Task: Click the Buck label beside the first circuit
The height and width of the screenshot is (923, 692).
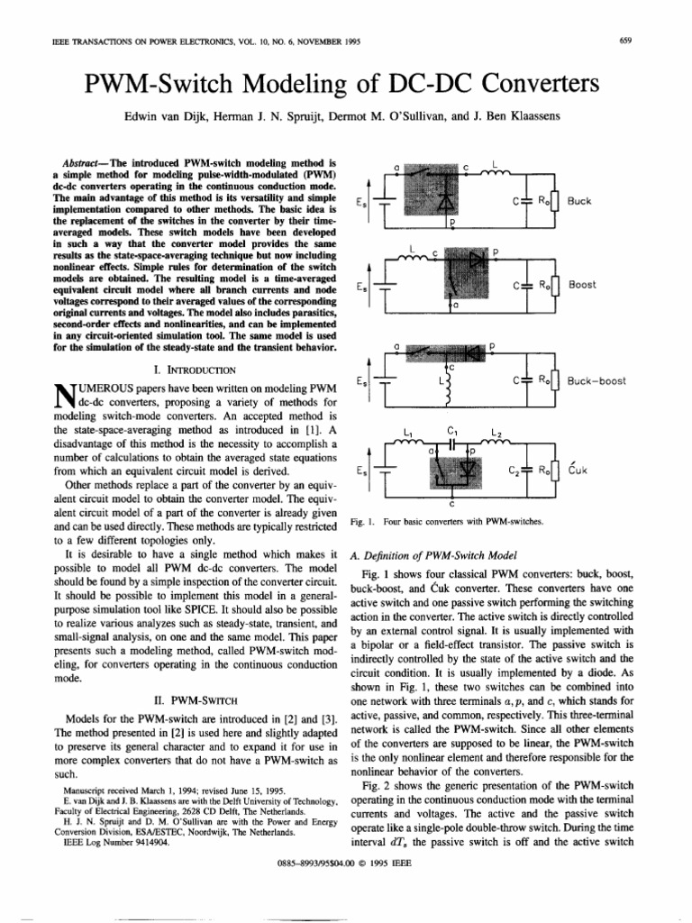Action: pyautogui.click(x=579, y=201)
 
